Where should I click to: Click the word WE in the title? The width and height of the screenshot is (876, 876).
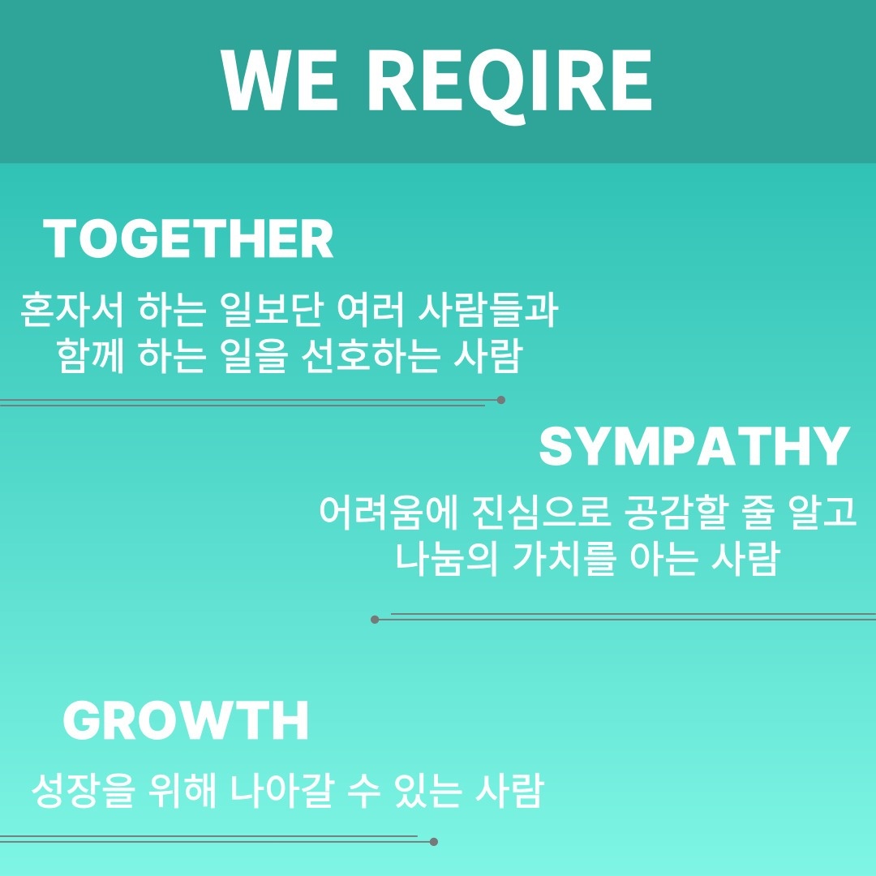click(x=279, y=80)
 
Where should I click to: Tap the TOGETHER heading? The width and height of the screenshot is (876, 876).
click(x=188, y=238)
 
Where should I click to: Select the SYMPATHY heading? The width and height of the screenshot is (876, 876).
click(x=694, y=446)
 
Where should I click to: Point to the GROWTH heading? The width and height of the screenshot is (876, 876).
click(x=186, y=720)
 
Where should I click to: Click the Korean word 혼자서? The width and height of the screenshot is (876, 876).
click(x=71, y=309)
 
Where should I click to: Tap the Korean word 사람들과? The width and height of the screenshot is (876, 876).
click(x=487, y=309)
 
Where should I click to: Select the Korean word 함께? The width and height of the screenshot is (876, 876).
click(x=91, y=355)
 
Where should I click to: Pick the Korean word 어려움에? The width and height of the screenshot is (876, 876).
click(x=389, y=512)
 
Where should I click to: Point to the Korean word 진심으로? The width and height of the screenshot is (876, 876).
click(x=541, y=512)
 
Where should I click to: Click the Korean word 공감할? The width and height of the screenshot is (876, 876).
click(x=676, y=512)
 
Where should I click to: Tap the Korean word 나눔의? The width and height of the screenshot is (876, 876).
click(x=447, y=558)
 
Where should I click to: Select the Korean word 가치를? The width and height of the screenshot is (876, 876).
click(x=564, y=558)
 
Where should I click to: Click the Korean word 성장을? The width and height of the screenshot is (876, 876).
click(x=83, y=790)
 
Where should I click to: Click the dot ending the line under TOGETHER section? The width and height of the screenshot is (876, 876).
click(x=501, y=400)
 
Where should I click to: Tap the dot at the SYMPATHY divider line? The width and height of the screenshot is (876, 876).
click(x=375, y=620)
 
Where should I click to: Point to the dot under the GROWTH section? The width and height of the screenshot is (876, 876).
click(x=433, y=842)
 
